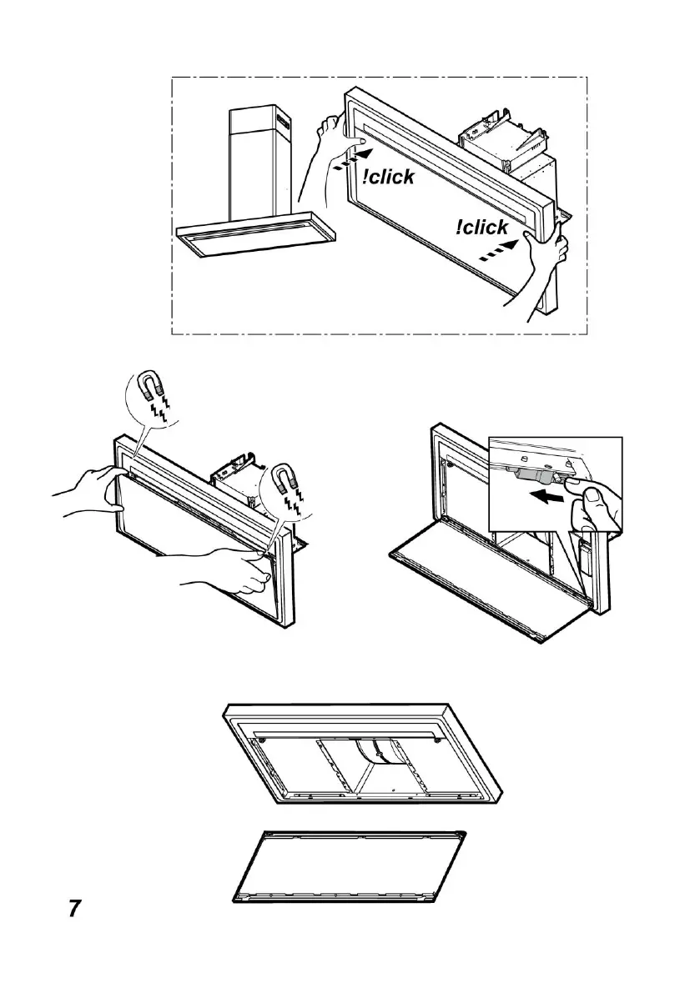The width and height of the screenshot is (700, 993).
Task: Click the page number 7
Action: tap(74, 908)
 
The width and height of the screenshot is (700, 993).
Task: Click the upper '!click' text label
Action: tap(389, 177)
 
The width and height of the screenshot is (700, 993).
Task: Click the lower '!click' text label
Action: tap(481, 228)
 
